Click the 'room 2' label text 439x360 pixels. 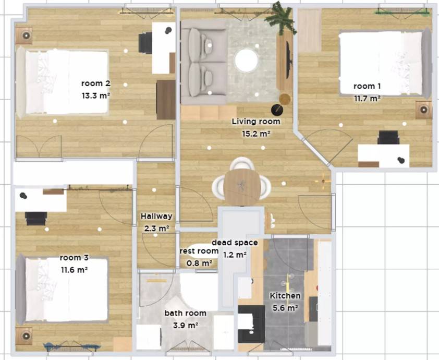coord(96,83)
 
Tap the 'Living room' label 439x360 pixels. coord(256,122)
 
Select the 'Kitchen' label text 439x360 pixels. coord(285,296)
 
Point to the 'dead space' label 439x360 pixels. coord(235,243)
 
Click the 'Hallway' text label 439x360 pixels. coord(156,217)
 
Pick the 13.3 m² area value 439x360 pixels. coord(96,96)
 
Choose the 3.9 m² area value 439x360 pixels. coord(186,326)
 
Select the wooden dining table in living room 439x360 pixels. coord(242,187)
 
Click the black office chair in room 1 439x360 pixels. coord(388,138)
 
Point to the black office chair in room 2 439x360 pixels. coord(145,43)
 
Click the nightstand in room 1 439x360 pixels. coord(423,110)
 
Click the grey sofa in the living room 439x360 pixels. coord(203,62)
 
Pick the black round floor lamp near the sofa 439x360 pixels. coord(277,110)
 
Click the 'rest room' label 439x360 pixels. coord(199,251)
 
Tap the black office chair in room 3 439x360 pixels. coord(36,219)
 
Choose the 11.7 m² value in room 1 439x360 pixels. coord(367,99)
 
